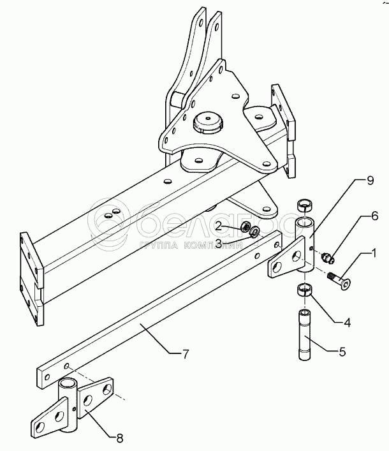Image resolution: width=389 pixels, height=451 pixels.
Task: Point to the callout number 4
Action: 348,323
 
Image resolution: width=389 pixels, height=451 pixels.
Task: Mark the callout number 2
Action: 219,226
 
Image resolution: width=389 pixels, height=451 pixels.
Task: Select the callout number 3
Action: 219,243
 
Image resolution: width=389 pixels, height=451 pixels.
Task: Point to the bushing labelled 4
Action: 305,291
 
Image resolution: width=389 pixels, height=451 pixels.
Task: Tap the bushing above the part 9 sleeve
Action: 305,206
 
